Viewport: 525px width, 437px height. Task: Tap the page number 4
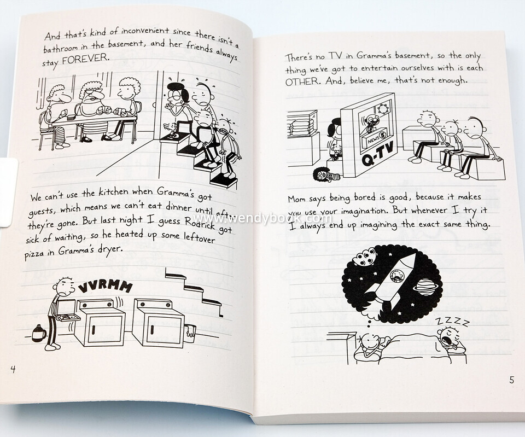pyautogui.click(x=13, y=369)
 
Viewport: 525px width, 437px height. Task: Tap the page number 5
pyautogui.click(x=512, y=380)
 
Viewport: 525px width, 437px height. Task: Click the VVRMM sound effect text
pyautogui.click(x=105, y=287)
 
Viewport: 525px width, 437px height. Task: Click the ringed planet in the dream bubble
pyautogui.click(x=426, y=287)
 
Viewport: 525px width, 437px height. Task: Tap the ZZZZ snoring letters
pyautogui.click(x=452, y=321)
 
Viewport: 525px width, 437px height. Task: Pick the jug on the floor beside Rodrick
pyautogui.click(x=39, y=334)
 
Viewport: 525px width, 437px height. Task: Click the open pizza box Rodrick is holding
pyautogui.click(x=68, y=311)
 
